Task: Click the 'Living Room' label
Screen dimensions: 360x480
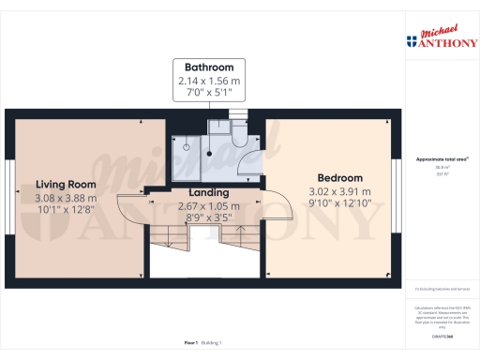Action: pyautogui.click(x=67, y=184)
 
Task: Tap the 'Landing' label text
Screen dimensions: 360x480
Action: pyautogui.click(x=197, y=193)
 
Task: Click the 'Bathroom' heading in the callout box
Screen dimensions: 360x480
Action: pyautogui.click(x=209, y=67)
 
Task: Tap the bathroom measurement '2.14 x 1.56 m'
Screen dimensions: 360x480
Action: pyautogui.click(x=209, y=82)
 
